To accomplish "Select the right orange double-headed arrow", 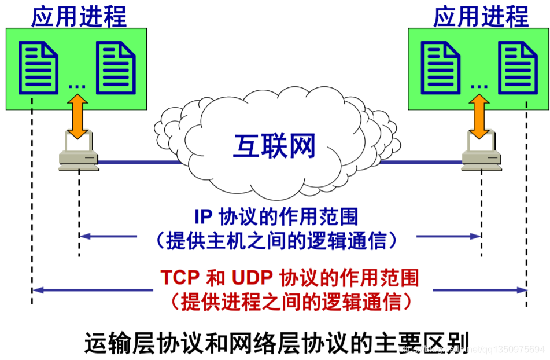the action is point(479,117).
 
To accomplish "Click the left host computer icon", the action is point(78,152).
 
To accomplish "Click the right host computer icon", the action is point(479,152).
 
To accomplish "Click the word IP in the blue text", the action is point(203,216).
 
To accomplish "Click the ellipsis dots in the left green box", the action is point(76,86).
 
